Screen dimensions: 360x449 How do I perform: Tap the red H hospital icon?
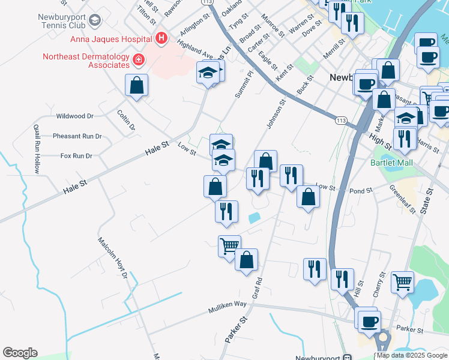161,39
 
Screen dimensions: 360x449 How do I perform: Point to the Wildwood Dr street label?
74,116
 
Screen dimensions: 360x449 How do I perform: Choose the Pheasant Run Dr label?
77,136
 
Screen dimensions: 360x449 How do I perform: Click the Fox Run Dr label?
76,156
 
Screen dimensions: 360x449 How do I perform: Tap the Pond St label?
361,190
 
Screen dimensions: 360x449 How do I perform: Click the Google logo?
20,353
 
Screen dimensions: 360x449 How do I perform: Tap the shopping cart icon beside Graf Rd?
229,245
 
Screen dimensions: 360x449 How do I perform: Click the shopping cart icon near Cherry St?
402,281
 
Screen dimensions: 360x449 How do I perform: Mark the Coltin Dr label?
126,120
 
